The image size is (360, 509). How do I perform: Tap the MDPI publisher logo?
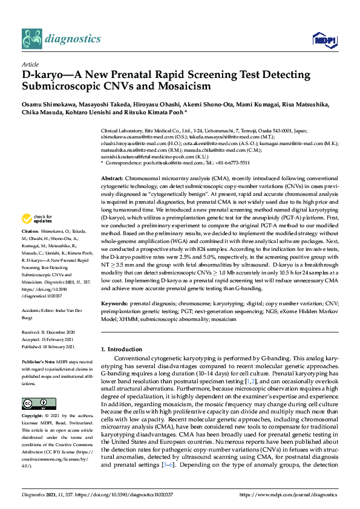click(321, 40)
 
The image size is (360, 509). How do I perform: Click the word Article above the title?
click(30, 64)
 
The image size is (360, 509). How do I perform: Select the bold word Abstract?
click(111, 180)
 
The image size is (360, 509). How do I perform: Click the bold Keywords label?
click(114, 302)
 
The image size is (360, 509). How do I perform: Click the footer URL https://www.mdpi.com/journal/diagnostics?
click(283, 495)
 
